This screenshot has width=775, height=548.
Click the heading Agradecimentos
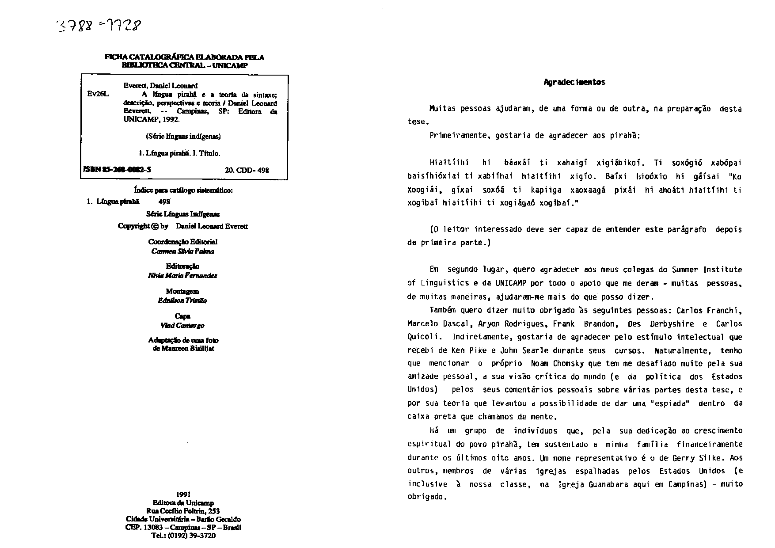574,82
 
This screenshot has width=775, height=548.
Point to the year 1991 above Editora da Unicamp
183,495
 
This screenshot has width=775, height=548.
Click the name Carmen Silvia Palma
182,251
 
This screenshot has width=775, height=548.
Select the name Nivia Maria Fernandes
182,275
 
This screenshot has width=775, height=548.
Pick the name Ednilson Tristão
182,301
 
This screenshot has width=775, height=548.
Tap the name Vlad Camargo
182,326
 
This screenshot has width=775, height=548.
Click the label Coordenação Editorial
182,242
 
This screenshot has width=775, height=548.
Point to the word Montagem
182,291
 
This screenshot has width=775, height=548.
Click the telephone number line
183,536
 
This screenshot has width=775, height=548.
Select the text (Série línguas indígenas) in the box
183,137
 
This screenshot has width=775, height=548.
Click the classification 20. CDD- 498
247,170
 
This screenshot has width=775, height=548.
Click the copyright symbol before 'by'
154,226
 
